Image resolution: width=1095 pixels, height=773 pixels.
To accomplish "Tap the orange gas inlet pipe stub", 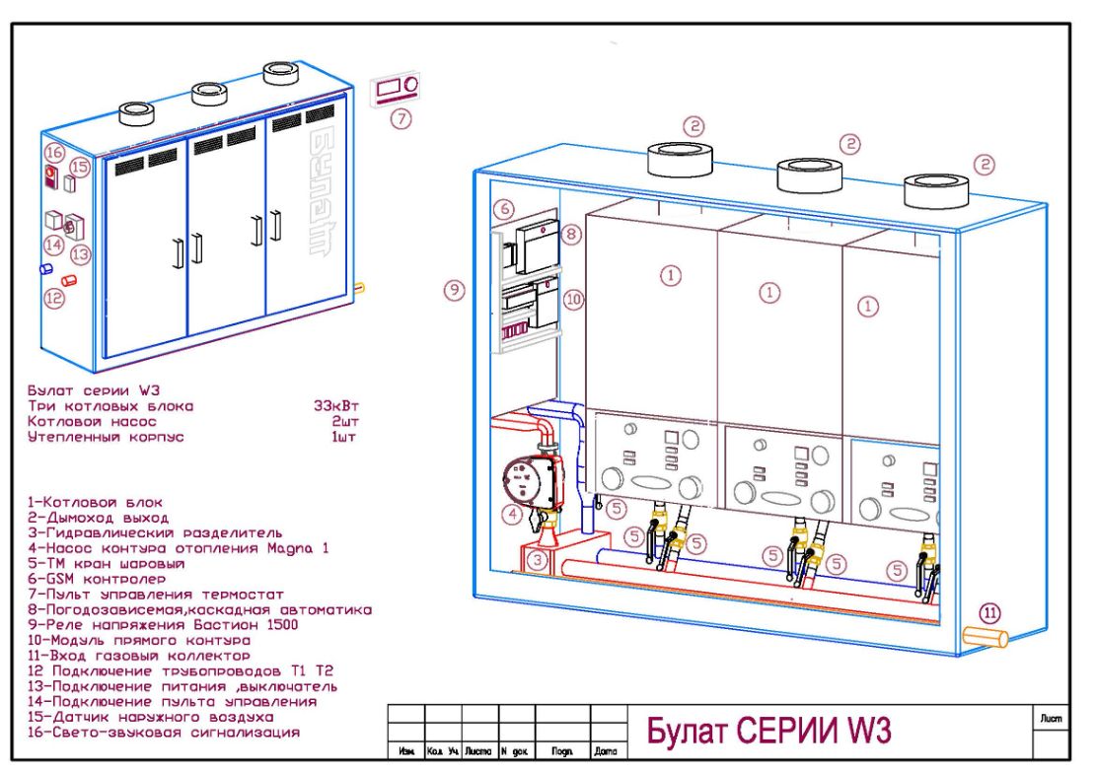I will [x=985, y=637].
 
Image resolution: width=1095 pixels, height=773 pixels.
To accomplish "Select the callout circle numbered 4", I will [x=511, y=514].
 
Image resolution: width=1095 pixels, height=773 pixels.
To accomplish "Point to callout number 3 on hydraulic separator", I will [x=537, y=561].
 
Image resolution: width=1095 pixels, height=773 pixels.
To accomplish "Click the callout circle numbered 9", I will [x=454, y=291].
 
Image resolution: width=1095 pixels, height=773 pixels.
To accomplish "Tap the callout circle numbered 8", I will [x=571, y=235].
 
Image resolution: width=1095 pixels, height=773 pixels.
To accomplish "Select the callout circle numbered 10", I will [x=573, y=297].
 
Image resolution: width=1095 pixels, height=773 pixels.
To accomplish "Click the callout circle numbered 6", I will [x=502, y=208].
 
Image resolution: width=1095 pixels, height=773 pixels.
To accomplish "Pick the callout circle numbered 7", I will [x=400, y=118].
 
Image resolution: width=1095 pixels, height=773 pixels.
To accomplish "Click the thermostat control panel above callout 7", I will [x=397, y=89].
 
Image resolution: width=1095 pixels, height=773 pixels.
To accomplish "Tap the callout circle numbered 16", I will [x=54, y=152].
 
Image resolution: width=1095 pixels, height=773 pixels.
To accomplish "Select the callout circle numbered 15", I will [x=80, y=167].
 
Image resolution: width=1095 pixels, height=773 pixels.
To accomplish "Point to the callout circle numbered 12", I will [x=54, y=295].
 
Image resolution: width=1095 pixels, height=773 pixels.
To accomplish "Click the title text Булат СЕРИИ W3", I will [x=768, y=731].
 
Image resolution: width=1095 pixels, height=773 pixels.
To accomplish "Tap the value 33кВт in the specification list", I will [x=335, y=405].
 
